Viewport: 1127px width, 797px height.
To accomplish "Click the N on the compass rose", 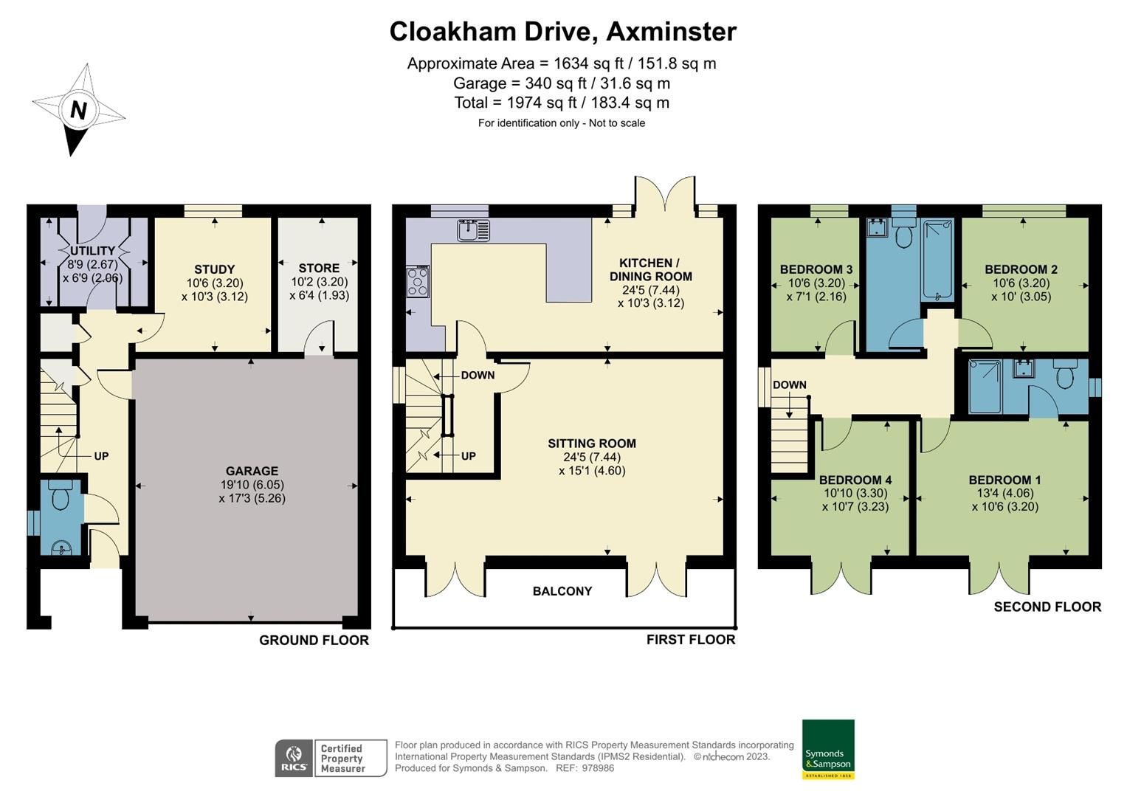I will [x=78, y=110].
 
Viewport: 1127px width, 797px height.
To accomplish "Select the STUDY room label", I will [x=214, y=269].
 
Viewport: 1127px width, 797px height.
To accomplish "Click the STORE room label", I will [x=319, y=268].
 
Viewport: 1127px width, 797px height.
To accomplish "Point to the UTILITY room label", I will [x=92, y=251].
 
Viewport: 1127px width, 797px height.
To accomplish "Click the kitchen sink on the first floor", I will [x=473, y=230].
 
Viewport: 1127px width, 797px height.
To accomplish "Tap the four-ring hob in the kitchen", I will [x=418, y=282].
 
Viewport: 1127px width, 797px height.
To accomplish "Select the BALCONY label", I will [x=562, y=591].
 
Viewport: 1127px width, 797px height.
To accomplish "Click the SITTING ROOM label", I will [x=592, y=444].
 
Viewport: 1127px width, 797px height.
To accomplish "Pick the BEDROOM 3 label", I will [x=816, y=269].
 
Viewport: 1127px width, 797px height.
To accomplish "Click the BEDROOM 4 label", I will [x=855, y=480].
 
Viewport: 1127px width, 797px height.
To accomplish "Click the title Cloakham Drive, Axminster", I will [x=562, y=32].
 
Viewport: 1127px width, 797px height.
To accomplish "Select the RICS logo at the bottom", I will [x=294, y=758].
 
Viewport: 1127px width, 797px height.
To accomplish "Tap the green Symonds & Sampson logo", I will [x=828, y=749].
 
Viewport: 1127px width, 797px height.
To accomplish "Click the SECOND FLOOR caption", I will [x=1047, y=607].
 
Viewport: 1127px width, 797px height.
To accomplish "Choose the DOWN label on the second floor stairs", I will [x=789, y=385].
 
